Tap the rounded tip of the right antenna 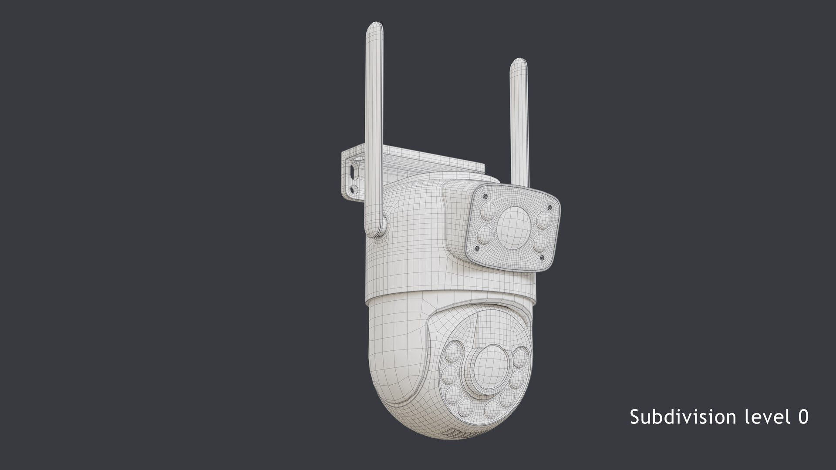pyautogui.click(x=519, y=65)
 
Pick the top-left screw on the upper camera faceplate pyautogui.click(x=485, y=197)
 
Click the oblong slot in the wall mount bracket pyautogui.click(x=353, y=171)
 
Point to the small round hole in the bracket pyautogui.click(x=354, y=189)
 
